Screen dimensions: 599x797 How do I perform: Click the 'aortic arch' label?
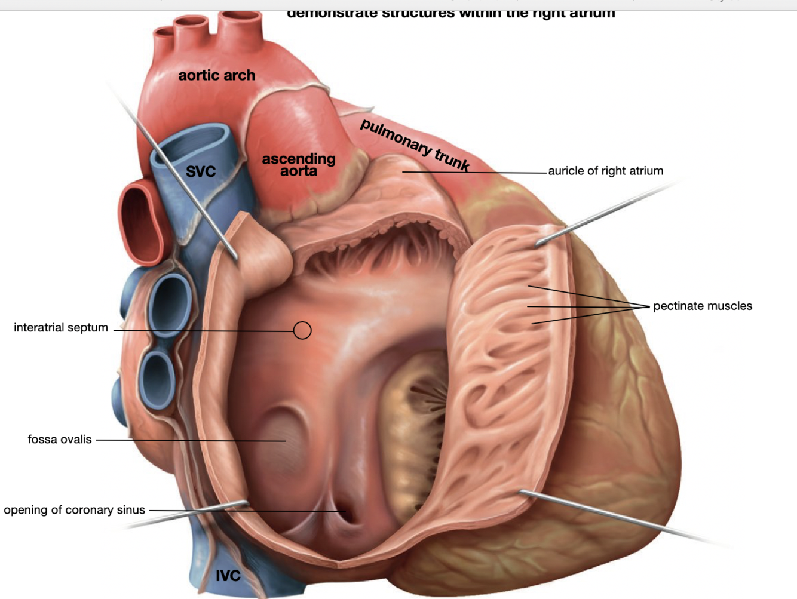(216, 76)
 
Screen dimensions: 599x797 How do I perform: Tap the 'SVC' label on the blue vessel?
(201, 172)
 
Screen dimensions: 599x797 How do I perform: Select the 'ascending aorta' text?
(299, 165)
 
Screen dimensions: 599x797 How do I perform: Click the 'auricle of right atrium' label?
(605, 171)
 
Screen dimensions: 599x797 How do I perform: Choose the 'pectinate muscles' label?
(702, 306)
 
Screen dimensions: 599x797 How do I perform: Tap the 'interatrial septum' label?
(61, 327)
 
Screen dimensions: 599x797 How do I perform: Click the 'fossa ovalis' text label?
(60, 440)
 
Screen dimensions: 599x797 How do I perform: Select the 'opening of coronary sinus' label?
(75, 510)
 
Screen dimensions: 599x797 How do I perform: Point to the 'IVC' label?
(228, 576)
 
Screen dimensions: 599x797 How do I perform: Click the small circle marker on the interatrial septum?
(302, 330)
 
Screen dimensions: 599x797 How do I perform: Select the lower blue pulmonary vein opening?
(158, 379)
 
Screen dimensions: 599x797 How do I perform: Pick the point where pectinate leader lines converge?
(649, 306)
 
